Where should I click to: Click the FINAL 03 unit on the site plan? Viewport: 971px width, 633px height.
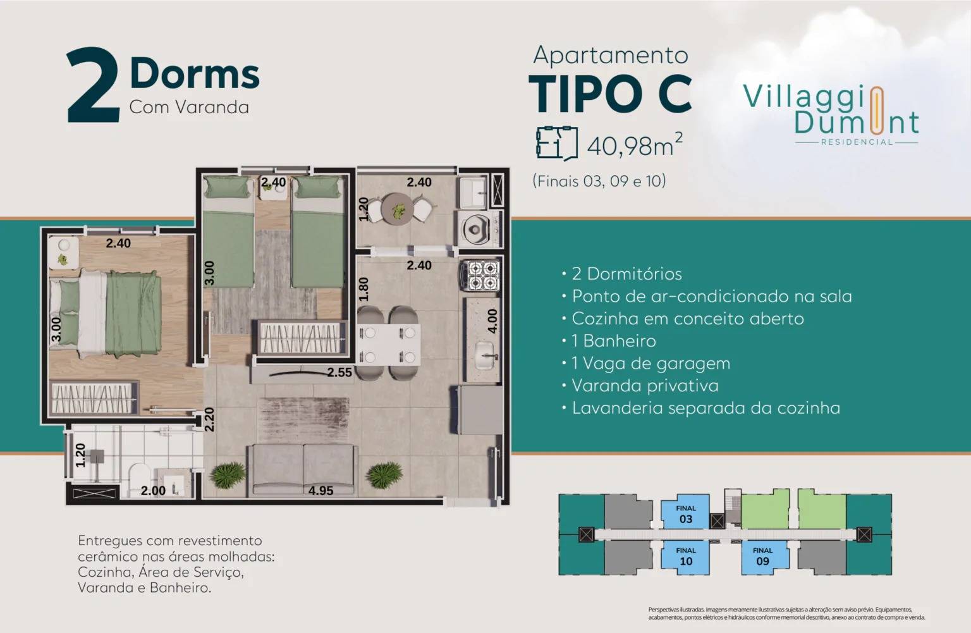(685, 514)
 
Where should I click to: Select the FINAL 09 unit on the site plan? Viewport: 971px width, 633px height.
(762, 556)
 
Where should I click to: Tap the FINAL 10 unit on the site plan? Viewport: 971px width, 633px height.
(685, 556)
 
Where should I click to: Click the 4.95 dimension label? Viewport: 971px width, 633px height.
(321, 490)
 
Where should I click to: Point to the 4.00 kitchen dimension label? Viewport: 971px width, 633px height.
(493, 321)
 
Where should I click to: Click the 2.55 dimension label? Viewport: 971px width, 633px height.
(339, 372)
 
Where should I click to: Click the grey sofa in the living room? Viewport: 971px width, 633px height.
(303, 468)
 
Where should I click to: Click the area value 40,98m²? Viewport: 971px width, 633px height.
(634, 145)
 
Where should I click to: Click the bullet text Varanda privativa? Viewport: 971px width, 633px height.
(645, 386)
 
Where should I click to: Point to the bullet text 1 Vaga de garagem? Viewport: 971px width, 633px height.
(650, 364)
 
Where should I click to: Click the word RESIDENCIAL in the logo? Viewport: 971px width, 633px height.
(857, 142)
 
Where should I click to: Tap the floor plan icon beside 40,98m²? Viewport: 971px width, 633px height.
(556, 143)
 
